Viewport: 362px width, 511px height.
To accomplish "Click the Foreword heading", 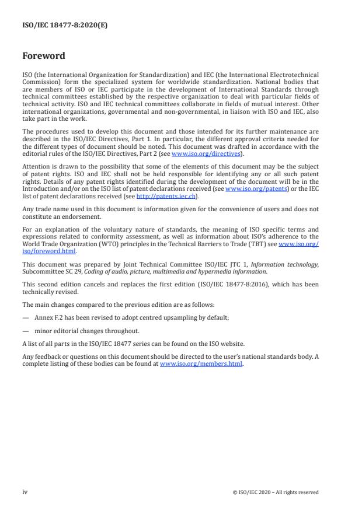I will [44, 57].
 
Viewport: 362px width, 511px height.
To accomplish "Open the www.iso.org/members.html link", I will [201, 363].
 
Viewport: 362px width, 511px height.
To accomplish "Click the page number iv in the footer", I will [25, 492].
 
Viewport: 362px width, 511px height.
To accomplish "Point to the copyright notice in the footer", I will [275, 492].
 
